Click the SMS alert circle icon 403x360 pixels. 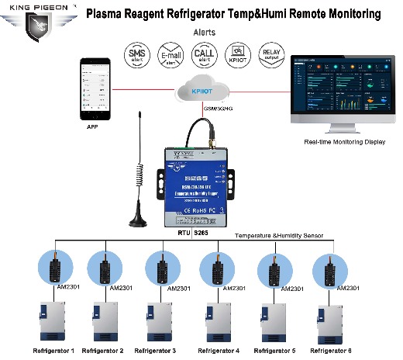coord(137,57)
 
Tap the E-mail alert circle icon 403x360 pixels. coord(170,57)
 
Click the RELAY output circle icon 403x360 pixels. coord(272,57)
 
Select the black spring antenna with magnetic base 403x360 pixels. coord(140,178)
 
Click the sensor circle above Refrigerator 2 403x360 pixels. coord(106,268)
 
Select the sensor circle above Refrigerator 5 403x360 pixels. coord(274,268)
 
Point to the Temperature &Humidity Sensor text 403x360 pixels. coord(278,234)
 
